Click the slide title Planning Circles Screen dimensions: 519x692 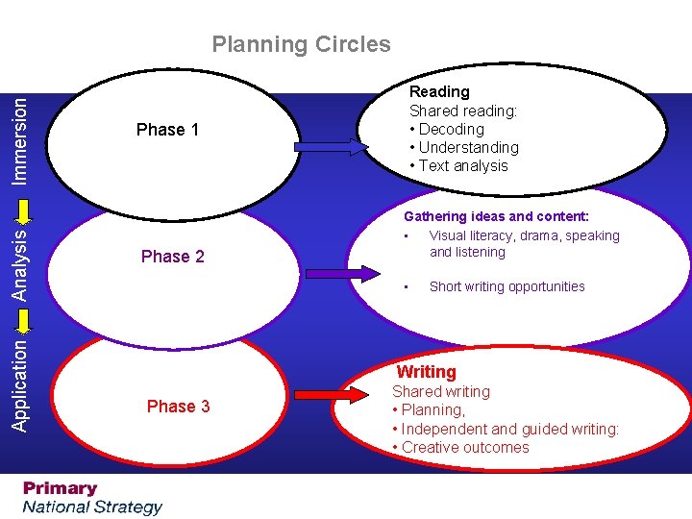pyautogui.click(x=301, y=44)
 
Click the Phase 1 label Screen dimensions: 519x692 pyautogui.click(x=167, y=130)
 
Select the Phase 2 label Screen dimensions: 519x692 pyautogui.click(x=172, y=257)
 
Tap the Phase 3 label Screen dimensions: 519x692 pyautogui.click(x=178, y=407)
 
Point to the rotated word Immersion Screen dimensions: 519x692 pyautogui.click(x=19, y=138)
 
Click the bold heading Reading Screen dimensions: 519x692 pyautogui.click(x=439, y=92)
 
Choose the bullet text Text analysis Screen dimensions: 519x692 pyautogui.click(x=463, y=165)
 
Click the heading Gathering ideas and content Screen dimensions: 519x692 pyautogui.click(x=496, y=217)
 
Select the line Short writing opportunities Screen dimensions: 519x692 pyautogui.click(x=507, y=286)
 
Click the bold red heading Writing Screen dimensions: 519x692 pyautogui.click(x=427, y=372)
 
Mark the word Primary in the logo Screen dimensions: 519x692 pyautogui.click(x=61, y=488)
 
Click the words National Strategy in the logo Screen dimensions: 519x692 pyautogui.click(x=93, y=507)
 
